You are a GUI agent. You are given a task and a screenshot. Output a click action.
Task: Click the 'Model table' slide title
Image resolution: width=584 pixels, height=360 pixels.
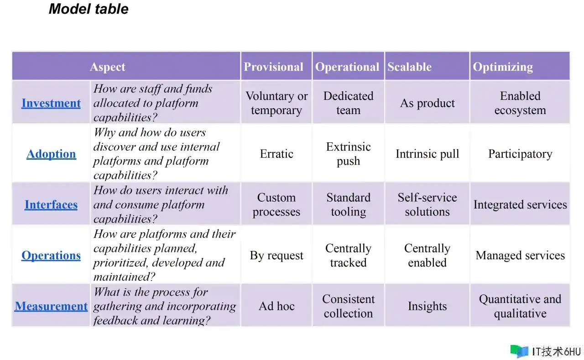[x=89, y=9]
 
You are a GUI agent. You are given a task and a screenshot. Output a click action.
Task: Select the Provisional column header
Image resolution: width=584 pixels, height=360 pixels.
[x=273, y=67]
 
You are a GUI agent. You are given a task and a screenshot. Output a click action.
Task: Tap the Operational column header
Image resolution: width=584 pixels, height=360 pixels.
[x=347, y=67]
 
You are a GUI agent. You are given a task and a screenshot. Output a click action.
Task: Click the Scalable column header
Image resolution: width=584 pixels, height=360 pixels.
[x=409, y=67]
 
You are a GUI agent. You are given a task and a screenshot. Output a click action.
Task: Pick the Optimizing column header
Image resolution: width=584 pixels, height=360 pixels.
[x=503, y=67]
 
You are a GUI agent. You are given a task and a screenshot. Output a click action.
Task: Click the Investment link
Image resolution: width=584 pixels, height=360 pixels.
[x=51, y=103]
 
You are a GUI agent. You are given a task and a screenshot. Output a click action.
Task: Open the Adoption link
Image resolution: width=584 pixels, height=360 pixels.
[x=51, y=154]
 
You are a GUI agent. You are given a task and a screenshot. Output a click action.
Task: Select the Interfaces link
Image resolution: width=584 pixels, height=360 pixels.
[x=51, y=204]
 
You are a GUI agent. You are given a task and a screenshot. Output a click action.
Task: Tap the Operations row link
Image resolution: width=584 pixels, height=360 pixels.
[x=51, y=256]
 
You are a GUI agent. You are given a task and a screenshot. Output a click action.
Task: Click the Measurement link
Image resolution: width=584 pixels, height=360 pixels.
[x=51, y=306]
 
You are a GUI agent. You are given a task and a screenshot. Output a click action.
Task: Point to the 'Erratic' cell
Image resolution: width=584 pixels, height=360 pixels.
[x=276, y=154]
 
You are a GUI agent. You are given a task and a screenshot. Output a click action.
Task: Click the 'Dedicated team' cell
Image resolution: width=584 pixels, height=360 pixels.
[x=348, y=103]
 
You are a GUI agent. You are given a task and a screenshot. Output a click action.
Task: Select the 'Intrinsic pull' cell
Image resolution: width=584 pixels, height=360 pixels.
[x=428, y=154]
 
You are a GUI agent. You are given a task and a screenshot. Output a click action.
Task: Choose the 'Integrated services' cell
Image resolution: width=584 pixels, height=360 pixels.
[x=520, y=204]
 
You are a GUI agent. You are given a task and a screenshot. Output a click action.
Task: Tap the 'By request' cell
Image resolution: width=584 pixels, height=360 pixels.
[x=276, y=256]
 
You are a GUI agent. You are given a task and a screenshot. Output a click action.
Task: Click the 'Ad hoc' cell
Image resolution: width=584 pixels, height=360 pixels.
[x=276, y=306]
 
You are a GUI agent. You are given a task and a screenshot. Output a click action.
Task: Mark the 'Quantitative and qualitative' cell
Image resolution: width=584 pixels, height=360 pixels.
[x=520, y=306]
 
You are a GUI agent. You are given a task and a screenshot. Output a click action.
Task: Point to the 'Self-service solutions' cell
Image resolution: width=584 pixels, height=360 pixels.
[x=428, y=204]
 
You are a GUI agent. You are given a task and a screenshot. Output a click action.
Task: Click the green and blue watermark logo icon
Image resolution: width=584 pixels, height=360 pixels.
[x=519, y=351]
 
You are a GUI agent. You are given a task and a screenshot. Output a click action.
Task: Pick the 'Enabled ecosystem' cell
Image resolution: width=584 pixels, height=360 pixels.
[x=520, y=103]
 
